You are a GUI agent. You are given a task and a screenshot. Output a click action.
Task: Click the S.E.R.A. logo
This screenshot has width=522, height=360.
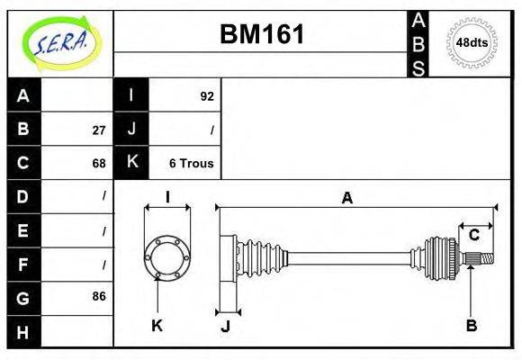pos(59,43)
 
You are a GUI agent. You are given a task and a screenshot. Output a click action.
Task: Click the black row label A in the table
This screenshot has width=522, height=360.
pos(23,95)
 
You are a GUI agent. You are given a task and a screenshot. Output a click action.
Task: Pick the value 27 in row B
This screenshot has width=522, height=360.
pos(98,130)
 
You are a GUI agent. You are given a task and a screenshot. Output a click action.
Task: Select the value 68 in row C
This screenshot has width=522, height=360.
pos(98,164)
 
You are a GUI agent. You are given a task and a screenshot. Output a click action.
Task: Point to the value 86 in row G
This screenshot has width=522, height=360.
pos(98,296)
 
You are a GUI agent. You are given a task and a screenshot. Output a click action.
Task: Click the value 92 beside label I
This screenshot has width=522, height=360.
pos(206,95)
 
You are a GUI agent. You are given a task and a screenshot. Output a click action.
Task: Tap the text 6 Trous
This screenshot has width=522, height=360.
pos(191,164)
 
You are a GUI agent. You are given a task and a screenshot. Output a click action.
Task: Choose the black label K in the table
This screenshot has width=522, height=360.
pos(131,163)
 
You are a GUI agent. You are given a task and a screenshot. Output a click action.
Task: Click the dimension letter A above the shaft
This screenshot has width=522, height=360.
pos(346,199)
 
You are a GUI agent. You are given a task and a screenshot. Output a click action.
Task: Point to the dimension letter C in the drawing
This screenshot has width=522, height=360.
pos(473,236)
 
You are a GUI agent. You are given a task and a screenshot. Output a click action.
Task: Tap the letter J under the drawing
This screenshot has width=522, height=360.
pos(226,326)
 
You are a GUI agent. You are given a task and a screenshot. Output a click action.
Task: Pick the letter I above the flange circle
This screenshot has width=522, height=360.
pos(167,198)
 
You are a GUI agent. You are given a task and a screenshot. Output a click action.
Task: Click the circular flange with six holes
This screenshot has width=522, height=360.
pos(167,256)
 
